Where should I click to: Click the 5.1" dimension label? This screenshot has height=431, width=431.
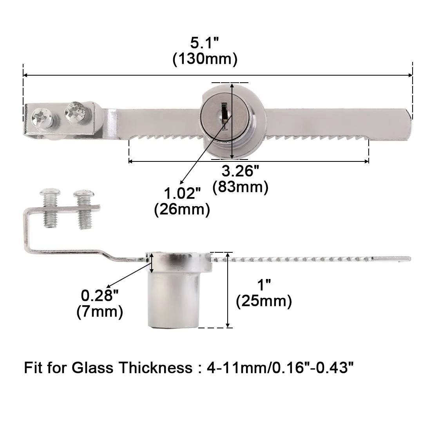coord(205,43)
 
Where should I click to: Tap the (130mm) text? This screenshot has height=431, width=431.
coord(205,59)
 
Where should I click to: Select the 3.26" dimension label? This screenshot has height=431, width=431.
coord(240,171)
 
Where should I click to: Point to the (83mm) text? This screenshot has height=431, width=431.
coord(240,187)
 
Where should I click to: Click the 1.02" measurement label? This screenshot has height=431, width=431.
coord(182,193)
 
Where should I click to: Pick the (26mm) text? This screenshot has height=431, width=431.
coord(182,210)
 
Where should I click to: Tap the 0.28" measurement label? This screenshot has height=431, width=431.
coord(100,295)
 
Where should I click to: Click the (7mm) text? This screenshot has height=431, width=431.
coord(100,312)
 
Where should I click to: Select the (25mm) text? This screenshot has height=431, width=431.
coord(264,301)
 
